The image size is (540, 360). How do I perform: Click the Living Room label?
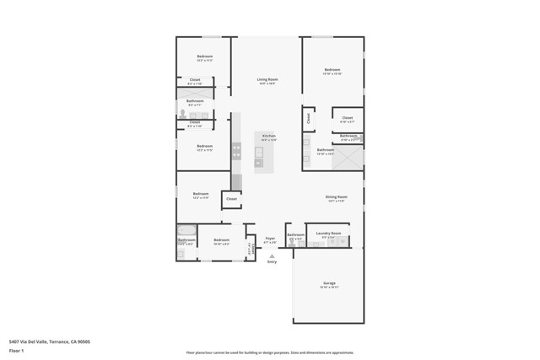pos(267,79)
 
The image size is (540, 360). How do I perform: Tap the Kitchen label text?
pos(268,136)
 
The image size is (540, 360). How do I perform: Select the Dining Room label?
pos(336,197)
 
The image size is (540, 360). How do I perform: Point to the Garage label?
pos(329,283)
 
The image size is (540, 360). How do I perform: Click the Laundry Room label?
pos(328,234)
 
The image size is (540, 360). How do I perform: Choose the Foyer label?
pos(270,239)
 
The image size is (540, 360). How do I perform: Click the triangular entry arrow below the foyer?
pos(272,255)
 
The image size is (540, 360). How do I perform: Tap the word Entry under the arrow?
pos(272,262)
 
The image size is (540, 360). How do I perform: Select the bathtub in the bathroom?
pos(186,230)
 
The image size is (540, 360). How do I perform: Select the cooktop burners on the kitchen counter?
pos(236,151)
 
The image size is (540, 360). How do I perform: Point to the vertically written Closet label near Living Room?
pos(309,120)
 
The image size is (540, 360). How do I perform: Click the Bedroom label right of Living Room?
pos(332,70)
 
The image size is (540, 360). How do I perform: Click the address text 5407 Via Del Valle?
pos(49,341)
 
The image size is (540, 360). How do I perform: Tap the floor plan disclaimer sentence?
pos(270,352)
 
